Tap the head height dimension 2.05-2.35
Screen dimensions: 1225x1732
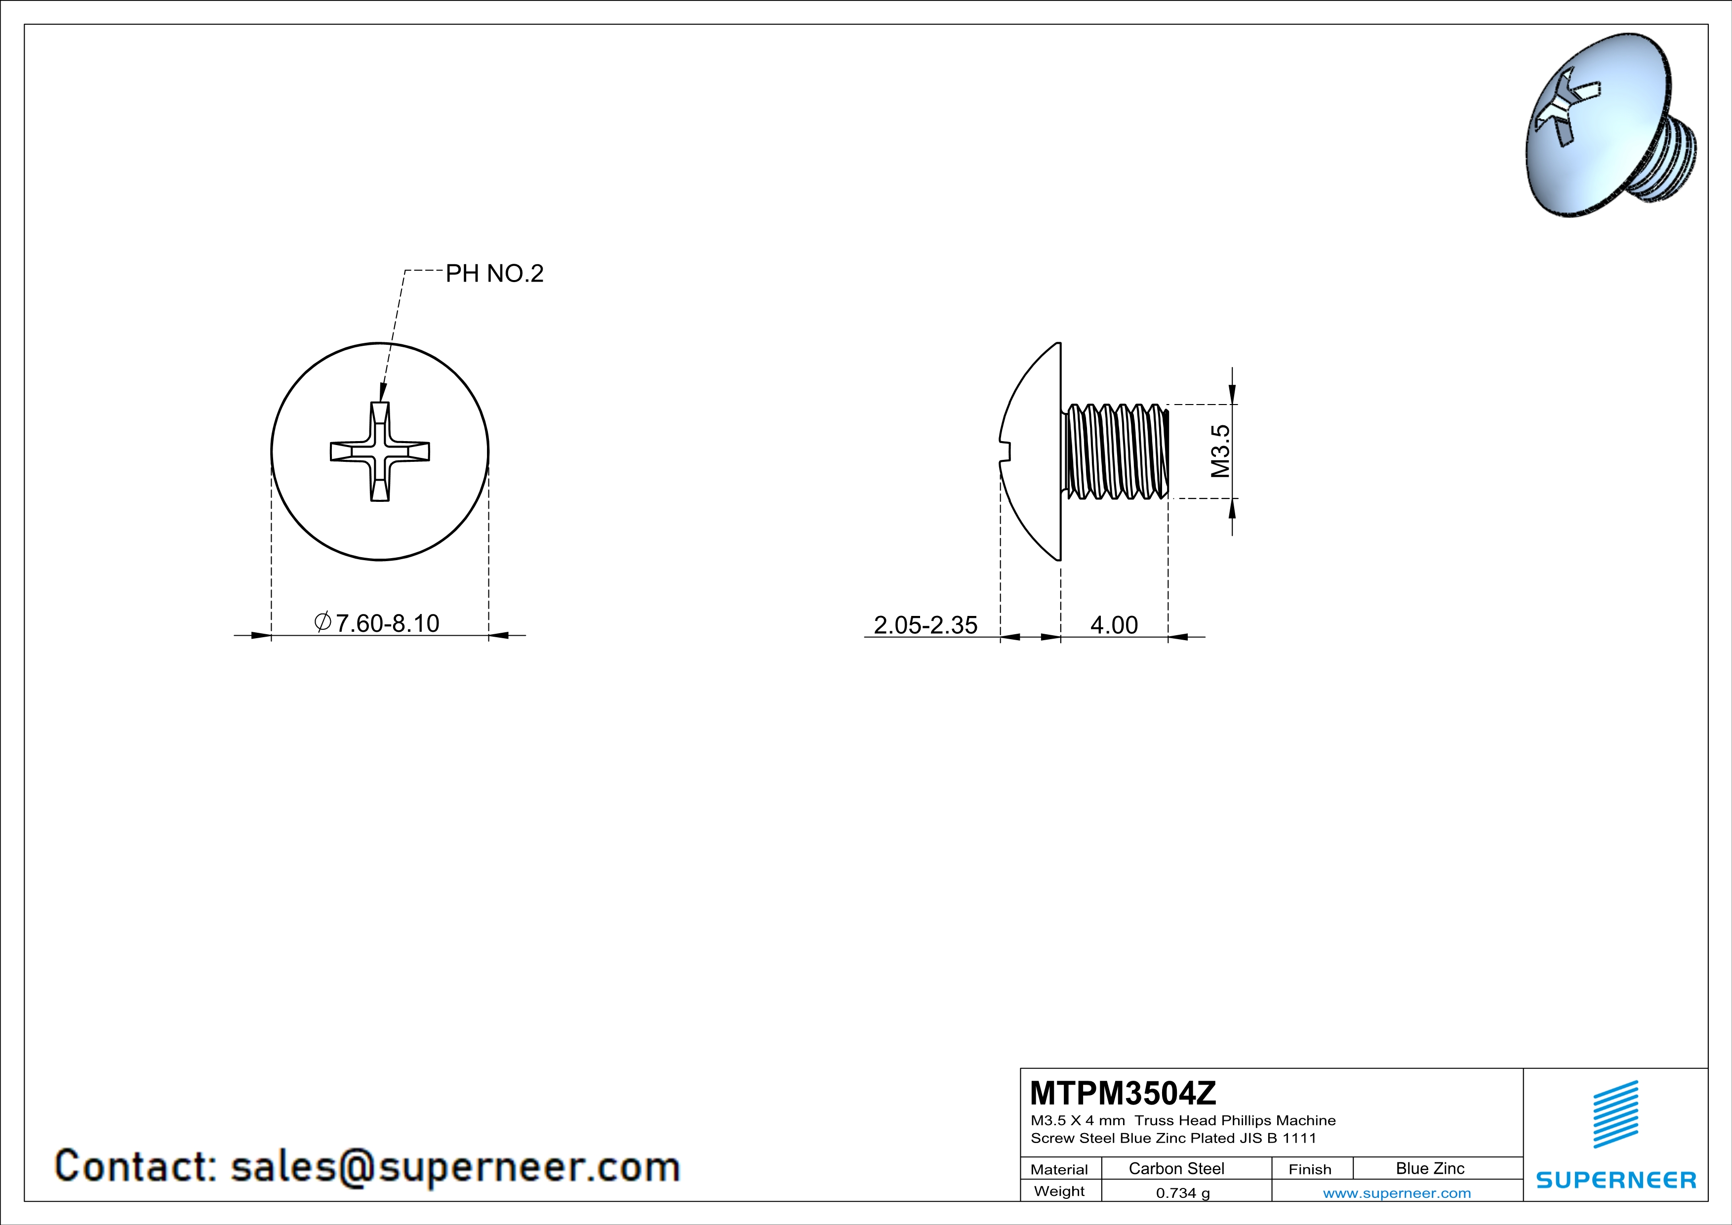point(925,624)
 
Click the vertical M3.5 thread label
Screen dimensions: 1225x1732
point(1220,451)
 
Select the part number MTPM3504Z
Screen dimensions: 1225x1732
point(1123,1092)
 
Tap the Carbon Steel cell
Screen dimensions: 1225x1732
point(1176,1168)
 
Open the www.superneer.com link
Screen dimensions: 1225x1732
point(1396,1192)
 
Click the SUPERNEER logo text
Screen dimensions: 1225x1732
point(1616,1180)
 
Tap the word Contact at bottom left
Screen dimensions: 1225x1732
point(136,1166)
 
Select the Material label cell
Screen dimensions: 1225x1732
point(1059,1169)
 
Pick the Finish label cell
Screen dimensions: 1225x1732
point(1310,1169)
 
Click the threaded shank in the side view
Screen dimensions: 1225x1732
point(1115,451)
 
